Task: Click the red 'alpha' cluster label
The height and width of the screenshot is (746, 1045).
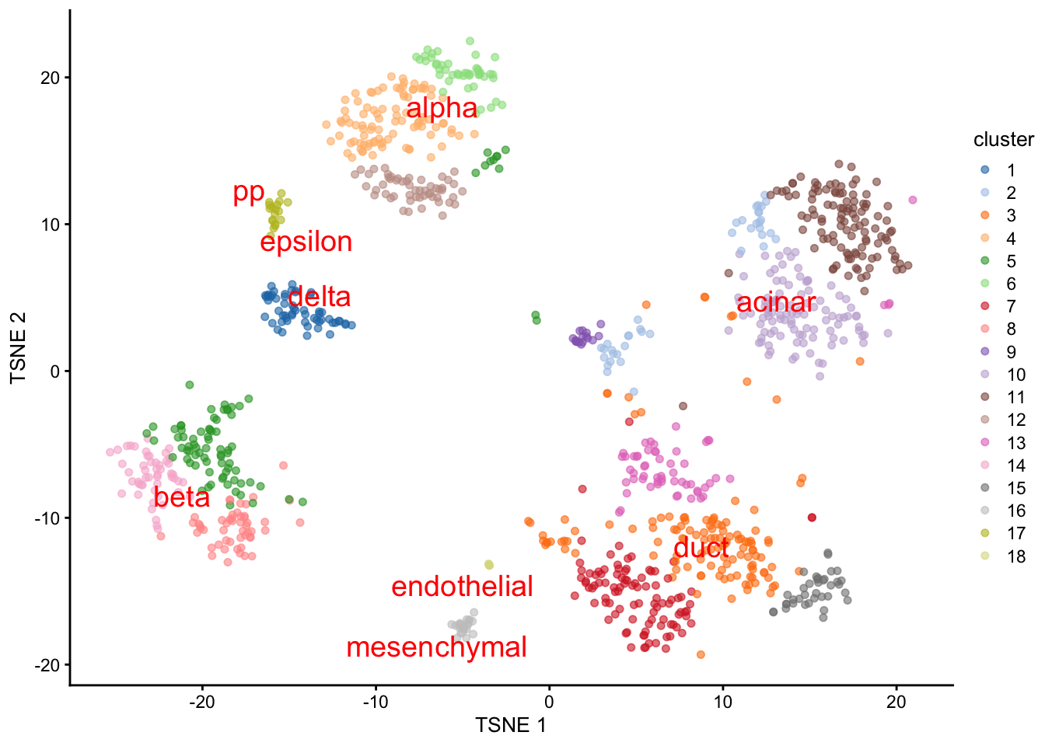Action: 442,109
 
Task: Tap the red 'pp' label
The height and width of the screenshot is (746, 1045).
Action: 249,192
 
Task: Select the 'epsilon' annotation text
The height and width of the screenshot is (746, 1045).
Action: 306,242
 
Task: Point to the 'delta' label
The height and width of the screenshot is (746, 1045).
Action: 320,297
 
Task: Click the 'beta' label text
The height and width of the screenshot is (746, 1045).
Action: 182,497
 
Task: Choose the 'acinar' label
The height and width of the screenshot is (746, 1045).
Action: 776,302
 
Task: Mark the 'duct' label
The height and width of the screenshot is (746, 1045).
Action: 701,548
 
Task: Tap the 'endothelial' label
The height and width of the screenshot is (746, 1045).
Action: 462,587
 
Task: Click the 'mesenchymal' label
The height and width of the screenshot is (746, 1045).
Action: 436,647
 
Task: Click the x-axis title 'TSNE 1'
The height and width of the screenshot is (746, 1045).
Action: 510,725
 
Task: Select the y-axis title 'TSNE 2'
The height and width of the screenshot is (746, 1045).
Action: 19,347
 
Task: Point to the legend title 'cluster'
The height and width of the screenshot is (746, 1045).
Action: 1003,140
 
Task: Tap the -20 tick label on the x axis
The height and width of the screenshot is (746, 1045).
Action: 202,702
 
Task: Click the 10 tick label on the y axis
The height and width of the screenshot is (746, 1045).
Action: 50,225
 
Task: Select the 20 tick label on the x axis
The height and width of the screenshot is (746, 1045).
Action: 896,702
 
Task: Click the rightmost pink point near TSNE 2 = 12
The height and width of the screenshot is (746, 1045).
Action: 913,200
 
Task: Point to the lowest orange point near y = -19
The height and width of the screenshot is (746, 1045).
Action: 701,654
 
